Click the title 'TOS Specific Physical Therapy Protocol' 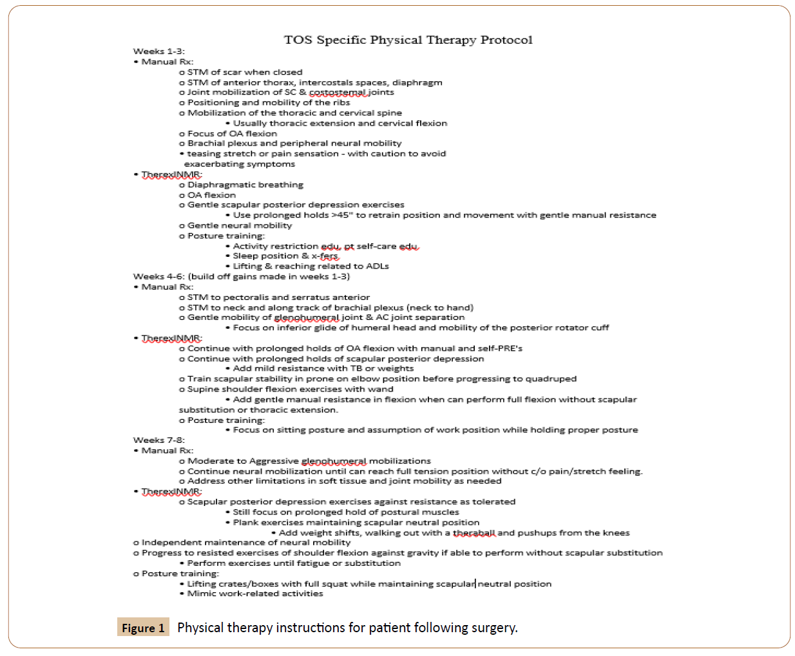[408, 40]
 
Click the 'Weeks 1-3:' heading [158, 52]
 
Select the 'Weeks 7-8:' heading [158, 440]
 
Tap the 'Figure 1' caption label [143, 628]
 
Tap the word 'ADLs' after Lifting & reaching [376, 266]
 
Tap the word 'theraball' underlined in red [474, 532]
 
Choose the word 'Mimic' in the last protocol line [200, 594]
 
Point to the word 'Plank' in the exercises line [245, 522]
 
